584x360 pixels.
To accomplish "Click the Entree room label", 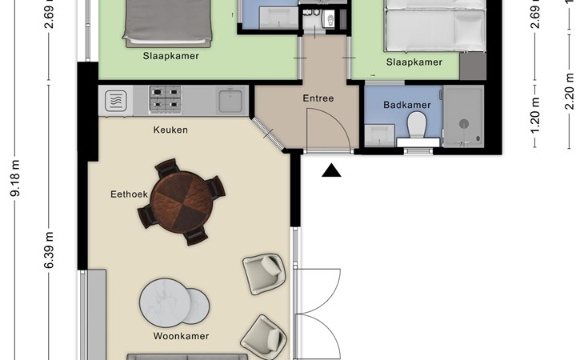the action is (318, 98).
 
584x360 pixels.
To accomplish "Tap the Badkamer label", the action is (407, 105).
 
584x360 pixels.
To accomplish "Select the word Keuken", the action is (170, 130).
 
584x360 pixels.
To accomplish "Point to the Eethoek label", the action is (130, 194).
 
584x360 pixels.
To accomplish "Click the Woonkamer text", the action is (181, 336).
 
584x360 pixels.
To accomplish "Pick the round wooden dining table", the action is (182, 202).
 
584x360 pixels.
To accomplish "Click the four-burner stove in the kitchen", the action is (166, 98).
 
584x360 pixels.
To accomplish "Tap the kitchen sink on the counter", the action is (230, 100).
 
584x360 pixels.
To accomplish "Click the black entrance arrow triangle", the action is (331, 170).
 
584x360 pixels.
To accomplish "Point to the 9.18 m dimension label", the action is (16, 178).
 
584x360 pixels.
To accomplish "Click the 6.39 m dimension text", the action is (49, 250).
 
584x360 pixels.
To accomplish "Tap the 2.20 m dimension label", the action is (569, 91).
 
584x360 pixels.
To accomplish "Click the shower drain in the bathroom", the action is (464, 123).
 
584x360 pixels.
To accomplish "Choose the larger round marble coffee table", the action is (165, 302).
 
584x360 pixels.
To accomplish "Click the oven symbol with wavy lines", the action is (115, 101).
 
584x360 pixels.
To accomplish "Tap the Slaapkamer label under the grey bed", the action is (171, 56).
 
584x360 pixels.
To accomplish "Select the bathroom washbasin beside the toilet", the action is (379, 135).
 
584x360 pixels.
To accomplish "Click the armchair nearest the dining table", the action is (264, 274).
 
